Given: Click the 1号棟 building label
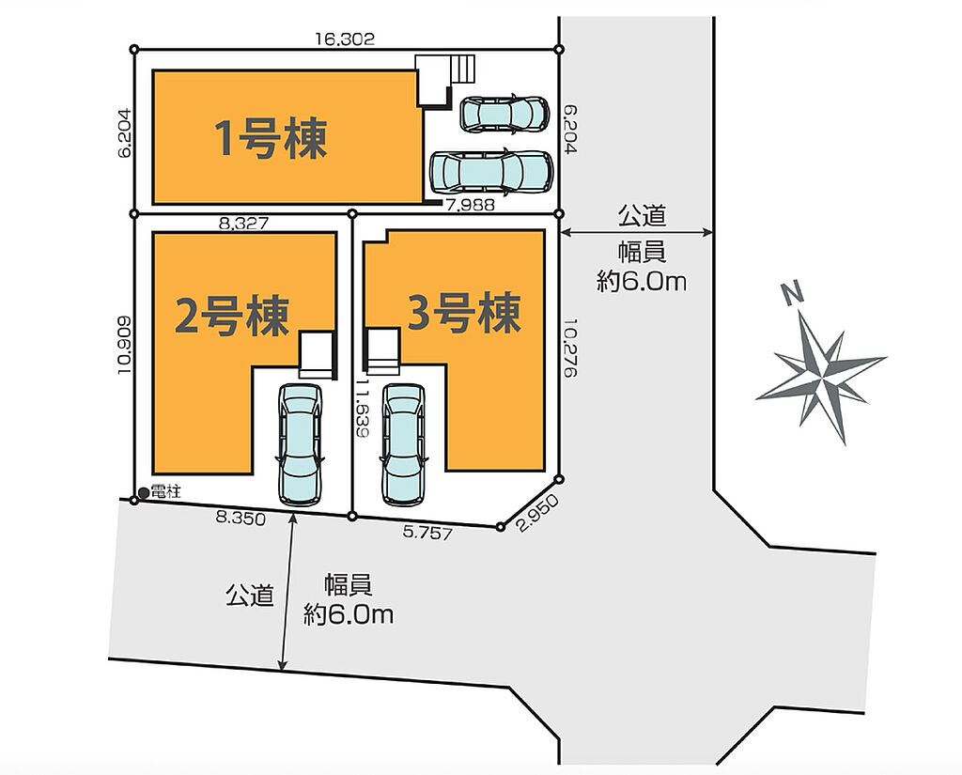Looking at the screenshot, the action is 271,139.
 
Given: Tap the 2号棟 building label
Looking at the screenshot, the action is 232,316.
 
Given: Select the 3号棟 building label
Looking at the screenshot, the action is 464,312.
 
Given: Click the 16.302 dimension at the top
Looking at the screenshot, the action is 345,39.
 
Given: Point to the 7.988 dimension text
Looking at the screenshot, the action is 471,206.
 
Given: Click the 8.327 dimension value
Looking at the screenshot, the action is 243,224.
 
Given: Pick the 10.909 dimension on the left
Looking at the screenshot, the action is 122,345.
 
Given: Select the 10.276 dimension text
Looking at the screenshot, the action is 570,348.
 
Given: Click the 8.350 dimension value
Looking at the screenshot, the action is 240,519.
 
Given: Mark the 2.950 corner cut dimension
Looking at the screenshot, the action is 538,513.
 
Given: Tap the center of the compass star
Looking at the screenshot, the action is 819,379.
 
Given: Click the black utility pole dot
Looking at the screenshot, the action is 144,492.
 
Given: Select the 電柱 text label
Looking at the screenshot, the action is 165,491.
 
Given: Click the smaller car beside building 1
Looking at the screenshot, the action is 504,114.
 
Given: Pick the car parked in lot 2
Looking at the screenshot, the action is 300,445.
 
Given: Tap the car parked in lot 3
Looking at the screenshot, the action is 403,445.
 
